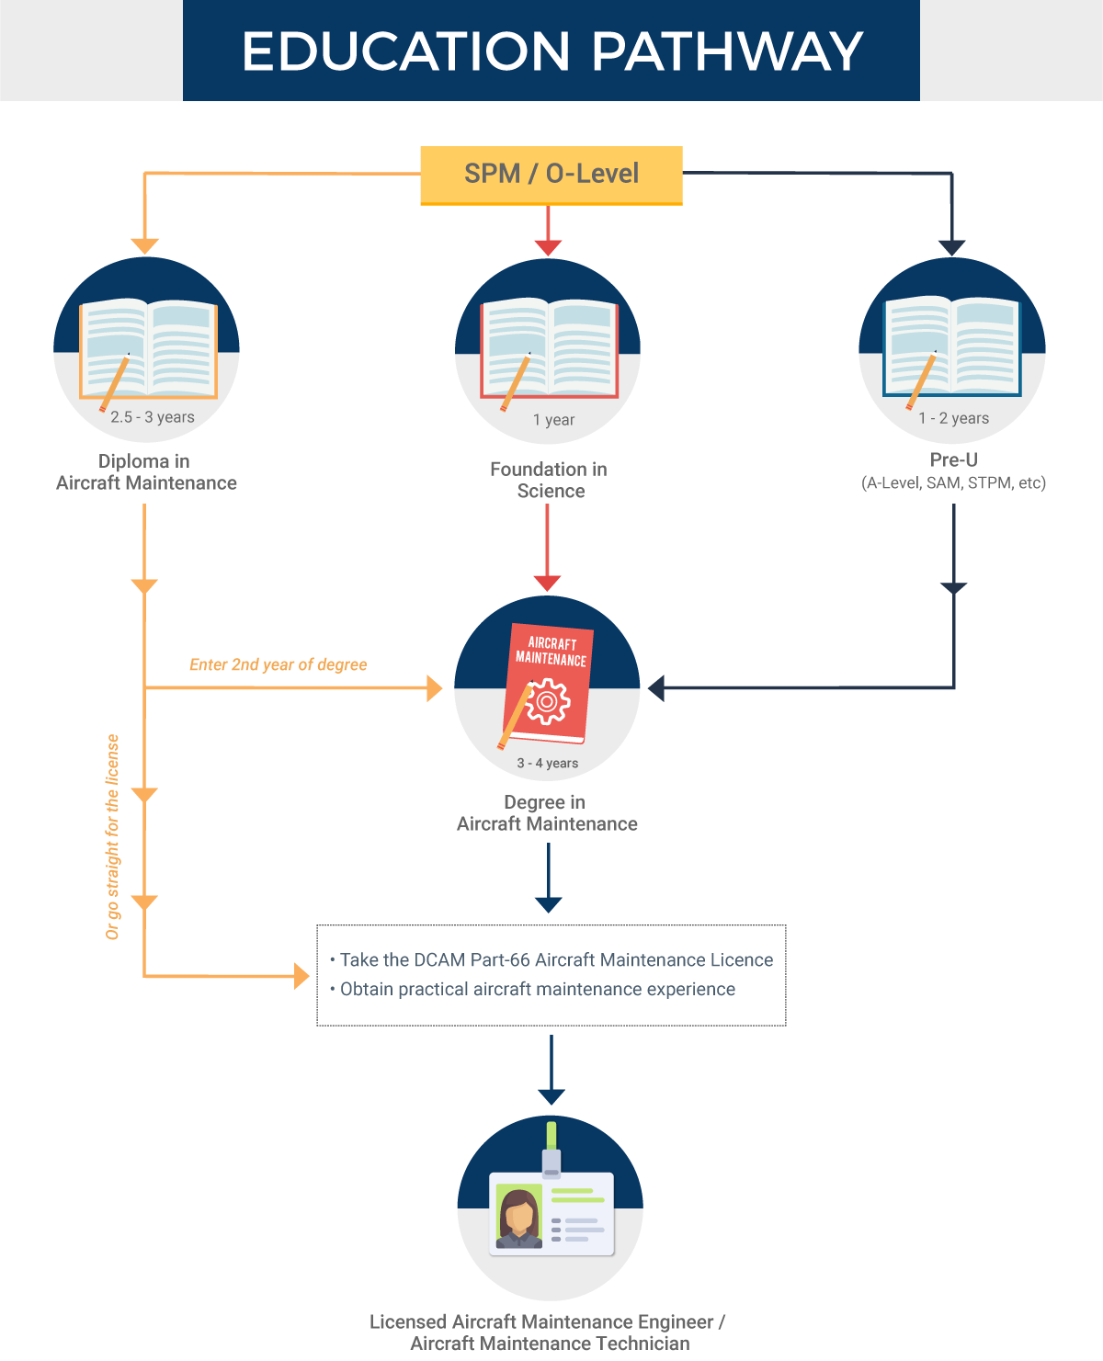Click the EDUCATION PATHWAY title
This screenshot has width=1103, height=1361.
click(x=552, y=51)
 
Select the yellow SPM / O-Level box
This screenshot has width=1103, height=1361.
click(x=551, y=176)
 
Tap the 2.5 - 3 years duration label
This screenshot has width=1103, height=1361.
click(x=152, y=416)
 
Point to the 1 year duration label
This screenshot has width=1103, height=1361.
click(x=553, y=420)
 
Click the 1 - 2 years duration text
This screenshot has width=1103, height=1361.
click(x=953, y=418)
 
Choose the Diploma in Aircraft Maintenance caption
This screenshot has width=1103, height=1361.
click(x=146, y=472)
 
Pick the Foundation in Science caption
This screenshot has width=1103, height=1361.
click(x=549, y=480)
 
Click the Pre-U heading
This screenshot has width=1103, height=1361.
click(x=953, y=459)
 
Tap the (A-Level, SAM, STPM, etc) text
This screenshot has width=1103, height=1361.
click(x=953, y=482)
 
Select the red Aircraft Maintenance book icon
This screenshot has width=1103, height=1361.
click(x=548, y=683)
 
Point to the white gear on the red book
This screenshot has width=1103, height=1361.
click(x=547, y=701)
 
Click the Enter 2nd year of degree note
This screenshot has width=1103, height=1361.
click(x=278, y=664)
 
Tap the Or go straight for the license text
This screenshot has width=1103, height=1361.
click(x=112, y=837)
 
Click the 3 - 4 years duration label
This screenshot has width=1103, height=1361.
click(x=547, y=763)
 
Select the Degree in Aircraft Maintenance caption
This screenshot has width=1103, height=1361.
click(x=547, y=812)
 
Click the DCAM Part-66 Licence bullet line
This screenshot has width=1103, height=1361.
click(x=551, y=959)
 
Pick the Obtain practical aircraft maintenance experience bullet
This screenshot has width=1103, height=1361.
click(x=532, y=989)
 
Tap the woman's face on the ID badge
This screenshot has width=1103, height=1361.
click(x=519, y=1211)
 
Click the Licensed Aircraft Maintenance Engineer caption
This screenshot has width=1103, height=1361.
click(x=549, y=1333)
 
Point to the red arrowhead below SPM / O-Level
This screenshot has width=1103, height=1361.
click(x=548, y=248)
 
